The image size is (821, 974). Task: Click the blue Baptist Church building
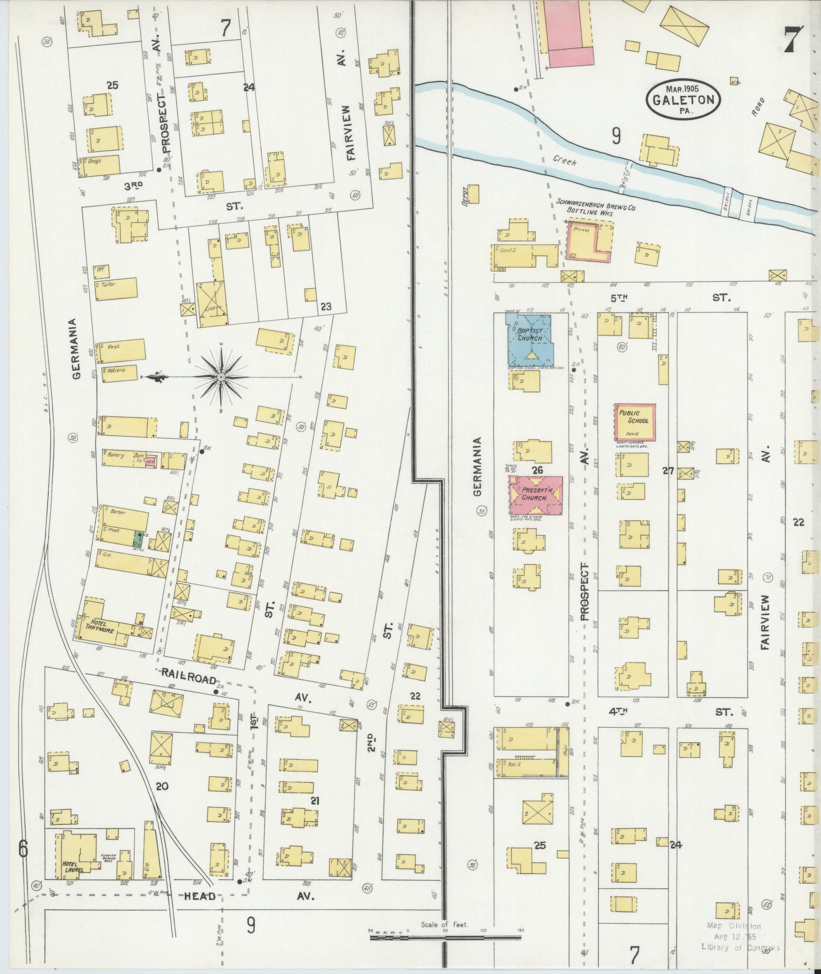[529, 339]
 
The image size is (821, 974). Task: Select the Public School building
[634, 422]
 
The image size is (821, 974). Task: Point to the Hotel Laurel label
[73, 866]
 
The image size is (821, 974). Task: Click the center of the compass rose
[221, 377]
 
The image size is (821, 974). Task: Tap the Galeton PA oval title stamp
[684, 99]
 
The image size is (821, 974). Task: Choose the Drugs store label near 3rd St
[94, 160]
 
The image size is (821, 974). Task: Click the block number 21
[315, 801]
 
